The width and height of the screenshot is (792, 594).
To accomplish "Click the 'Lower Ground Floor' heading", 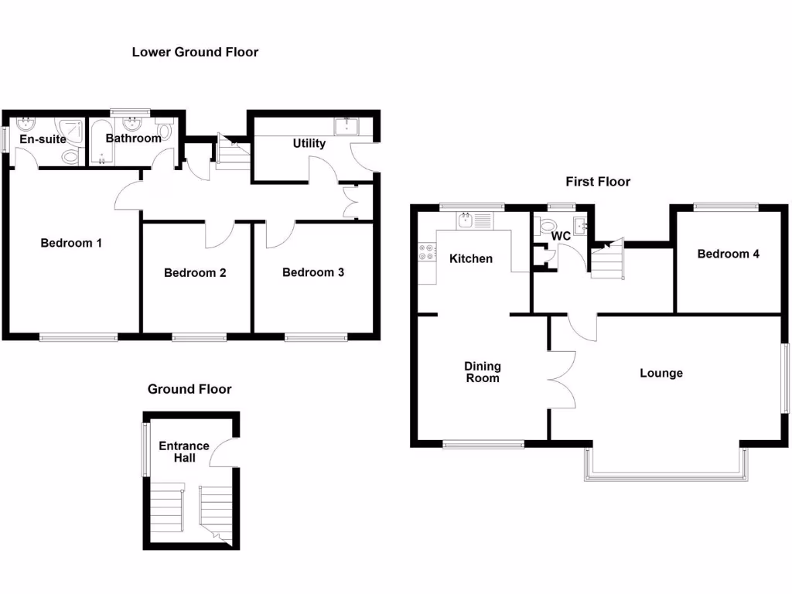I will pos(195,53).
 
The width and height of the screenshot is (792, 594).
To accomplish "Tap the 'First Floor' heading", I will pos(598,182).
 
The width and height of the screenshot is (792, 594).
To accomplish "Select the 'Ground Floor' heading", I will pos(189,389).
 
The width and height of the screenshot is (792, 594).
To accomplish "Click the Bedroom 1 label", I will pos(71,243).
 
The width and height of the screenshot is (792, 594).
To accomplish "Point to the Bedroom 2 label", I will pos(195,272).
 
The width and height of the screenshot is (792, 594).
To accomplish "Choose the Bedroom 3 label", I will pos(312,272).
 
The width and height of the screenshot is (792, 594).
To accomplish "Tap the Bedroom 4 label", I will pos(728,254).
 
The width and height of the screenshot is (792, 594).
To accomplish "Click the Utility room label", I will pos(309,143).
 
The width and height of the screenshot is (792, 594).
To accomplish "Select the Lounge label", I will pos(661,373).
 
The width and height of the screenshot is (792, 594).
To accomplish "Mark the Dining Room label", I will pos(483,372).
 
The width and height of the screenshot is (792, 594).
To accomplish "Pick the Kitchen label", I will pos(471,258).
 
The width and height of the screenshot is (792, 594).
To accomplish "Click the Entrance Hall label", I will pos(184,452).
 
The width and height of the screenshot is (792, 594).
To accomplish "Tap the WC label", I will pos(562,235).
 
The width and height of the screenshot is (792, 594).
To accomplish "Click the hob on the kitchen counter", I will pos(426,251).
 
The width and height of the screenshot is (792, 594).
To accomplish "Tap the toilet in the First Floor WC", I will pos(548,226).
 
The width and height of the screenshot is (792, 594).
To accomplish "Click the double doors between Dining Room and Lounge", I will pos(562,379).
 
